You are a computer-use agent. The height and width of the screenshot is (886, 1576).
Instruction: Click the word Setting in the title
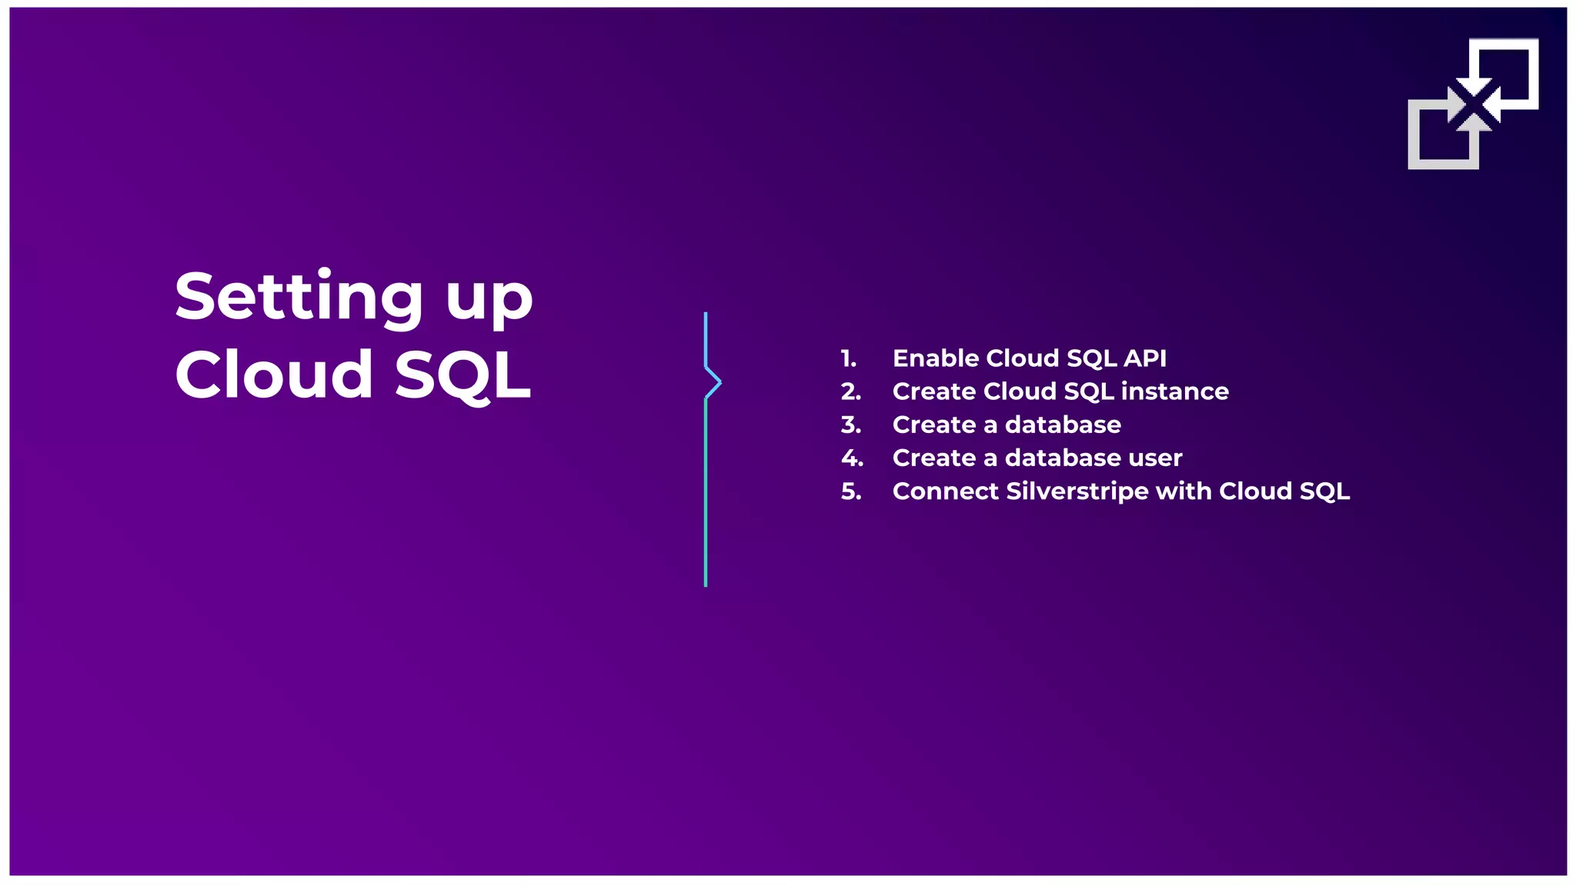[x=299, y=298]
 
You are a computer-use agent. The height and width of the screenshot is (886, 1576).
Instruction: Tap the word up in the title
[x=489, y=301]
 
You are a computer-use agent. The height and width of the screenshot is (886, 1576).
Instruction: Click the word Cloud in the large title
[x=274, y=375]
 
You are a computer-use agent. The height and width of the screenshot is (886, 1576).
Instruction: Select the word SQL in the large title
[x=463, y=376]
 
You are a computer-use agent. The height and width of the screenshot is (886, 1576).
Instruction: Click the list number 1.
[x=848, y=358]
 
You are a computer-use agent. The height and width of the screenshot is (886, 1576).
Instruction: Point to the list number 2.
[x=850, y=391]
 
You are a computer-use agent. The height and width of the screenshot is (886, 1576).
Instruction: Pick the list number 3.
[x=850, y=425]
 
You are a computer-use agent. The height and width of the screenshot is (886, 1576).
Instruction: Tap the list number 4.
[x=852, y=458]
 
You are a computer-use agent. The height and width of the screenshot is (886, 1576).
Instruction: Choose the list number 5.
[x=850, y=491]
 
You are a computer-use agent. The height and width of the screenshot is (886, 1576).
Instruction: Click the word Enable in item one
[x=935, y=358]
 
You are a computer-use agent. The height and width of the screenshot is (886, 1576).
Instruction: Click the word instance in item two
[x=1174, y=391]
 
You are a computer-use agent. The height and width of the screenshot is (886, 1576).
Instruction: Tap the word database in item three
[x=1063, y=425]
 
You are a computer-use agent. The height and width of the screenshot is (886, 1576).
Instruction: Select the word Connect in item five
[x=945, y=491]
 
